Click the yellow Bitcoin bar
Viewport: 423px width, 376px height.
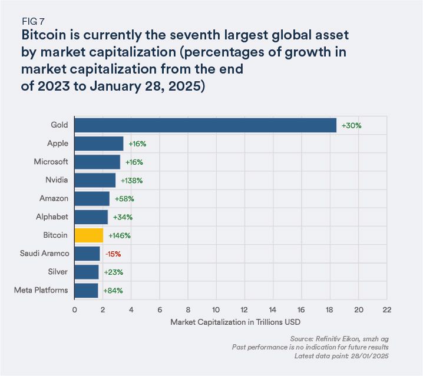click(89, 235)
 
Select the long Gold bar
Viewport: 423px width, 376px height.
click(205, 125)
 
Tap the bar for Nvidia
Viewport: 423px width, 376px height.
click(95, 180)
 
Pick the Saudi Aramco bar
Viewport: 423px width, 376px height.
click(87, 254)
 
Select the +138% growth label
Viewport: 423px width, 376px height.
click(132, 180)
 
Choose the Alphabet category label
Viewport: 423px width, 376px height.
click(53, 217)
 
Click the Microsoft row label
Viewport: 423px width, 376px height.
click(51, 161)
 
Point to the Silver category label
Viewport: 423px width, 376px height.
click(58, 272)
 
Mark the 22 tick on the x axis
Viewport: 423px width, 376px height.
click(386, 309)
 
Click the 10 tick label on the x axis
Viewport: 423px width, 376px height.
click(216, 309)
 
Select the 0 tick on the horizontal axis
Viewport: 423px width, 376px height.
click(75, 309)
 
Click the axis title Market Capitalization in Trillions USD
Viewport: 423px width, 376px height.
click(230, 322)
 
